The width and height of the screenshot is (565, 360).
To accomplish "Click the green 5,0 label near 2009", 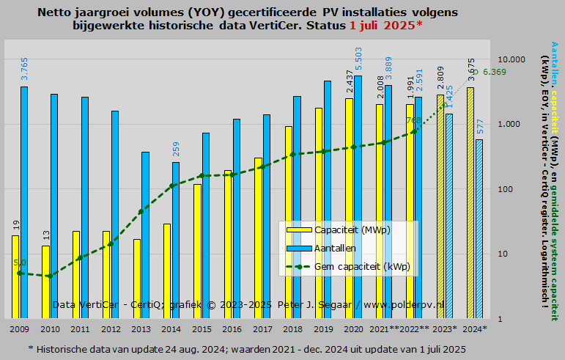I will (x=20, y=262).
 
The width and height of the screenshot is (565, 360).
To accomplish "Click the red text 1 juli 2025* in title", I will (x=385, y=26).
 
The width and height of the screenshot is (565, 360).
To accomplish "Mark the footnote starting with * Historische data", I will (x=247, y=348).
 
